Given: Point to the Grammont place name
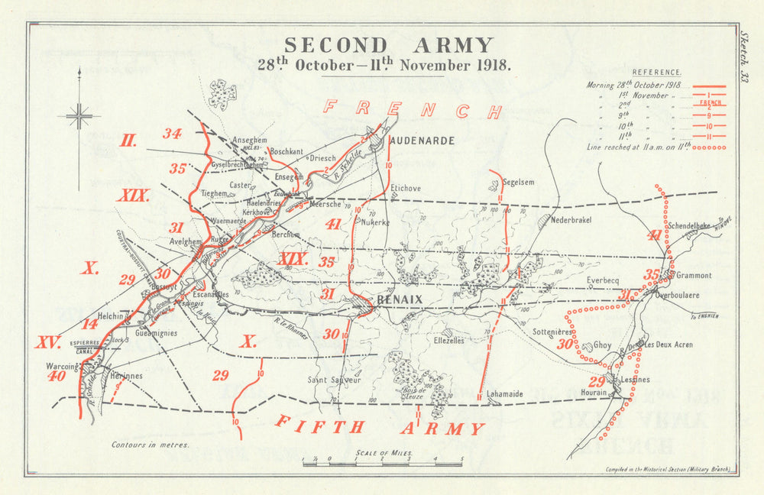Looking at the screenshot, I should (x=693, y=275).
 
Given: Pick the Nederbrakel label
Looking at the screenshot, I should (x=572, y=218).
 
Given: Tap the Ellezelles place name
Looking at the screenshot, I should (x=448, y=341).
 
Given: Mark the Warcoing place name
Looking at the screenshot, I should (x=62, y=366).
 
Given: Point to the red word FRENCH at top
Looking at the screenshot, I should (x=413, y=110).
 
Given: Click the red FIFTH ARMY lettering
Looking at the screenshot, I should (x=380, y=427).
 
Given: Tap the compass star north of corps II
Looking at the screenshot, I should (x=79, y=116).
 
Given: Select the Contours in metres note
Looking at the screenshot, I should (x=150, y=444).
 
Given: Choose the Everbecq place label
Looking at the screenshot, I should (x=603, y=280).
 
